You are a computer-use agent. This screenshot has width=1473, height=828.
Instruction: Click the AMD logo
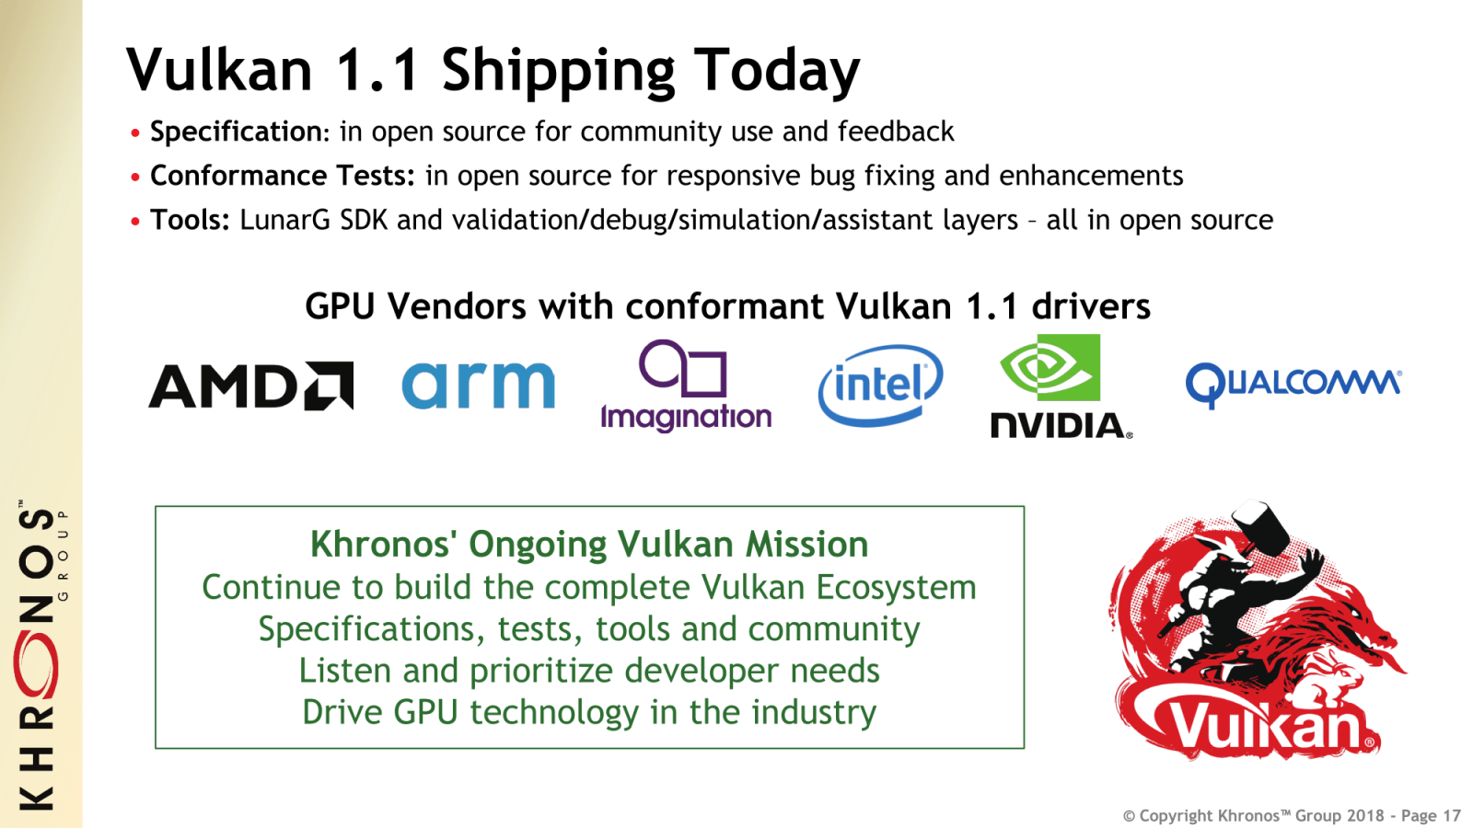(250, 386)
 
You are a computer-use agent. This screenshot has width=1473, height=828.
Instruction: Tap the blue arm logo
(479, 385)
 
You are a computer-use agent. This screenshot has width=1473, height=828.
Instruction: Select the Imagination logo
(686, 386)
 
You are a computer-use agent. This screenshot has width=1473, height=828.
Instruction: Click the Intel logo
(880, 385)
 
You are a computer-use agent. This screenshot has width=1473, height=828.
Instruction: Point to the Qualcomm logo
(1293, 383)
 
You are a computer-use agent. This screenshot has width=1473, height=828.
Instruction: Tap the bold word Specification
(236, 132)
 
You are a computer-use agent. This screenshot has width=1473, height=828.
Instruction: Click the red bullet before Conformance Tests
(135, 177)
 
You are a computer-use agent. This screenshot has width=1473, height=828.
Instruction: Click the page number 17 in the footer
(1452, 816)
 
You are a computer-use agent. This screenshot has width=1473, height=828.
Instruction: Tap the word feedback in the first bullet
(896, 132)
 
